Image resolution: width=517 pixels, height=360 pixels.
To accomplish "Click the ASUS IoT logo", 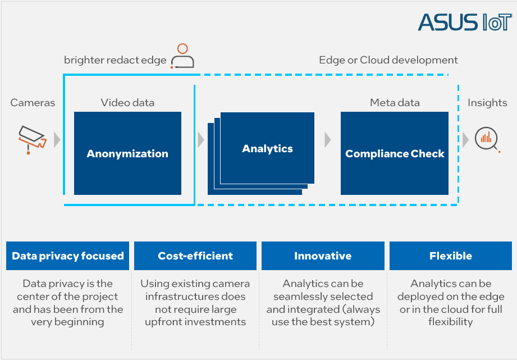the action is (x=465, y=22).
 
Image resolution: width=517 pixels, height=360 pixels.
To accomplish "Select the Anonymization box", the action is (x=127, y=153).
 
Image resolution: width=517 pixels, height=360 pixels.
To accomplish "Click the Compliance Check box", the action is (x=394, y=153).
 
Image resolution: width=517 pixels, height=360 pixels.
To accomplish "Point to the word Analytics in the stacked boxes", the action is (x=267, y=148).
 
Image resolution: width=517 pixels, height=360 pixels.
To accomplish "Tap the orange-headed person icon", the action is (x=182, y=56).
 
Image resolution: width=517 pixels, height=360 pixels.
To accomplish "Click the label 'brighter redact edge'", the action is (x=115, y=60).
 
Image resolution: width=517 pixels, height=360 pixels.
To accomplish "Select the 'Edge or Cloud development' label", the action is (x=388, y=60).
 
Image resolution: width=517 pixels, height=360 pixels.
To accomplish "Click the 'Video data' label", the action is (x=127, y=103).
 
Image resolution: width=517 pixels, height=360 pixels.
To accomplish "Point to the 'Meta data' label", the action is (x=395, y=103).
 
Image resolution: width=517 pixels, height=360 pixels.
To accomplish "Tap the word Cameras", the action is (x=33, y=103).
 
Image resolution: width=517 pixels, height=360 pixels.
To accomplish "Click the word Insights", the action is (x=487, y=103).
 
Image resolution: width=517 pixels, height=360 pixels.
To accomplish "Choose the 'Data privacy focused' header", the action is (x=67, y=256).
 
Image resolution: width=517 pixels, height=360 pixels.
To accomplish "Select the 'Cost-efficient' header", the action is (x=195, y=256).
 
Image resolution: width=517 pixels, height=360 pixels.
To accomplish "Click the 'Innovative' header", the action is (x=323, y=256).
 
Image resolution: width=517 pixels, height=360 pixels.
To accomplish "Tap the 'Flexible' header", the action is (x=451, y=256).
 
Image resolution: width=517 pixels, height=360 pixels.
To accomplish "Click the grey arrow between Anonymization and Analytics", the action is (x=201, y=140).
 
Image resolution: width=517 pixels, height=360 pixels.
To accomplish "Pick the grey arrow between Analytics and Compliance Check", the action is (x=327, y=140).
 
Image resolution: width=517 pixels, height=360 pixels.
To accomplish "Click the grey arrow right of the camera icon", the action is (x=57, y=140).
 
